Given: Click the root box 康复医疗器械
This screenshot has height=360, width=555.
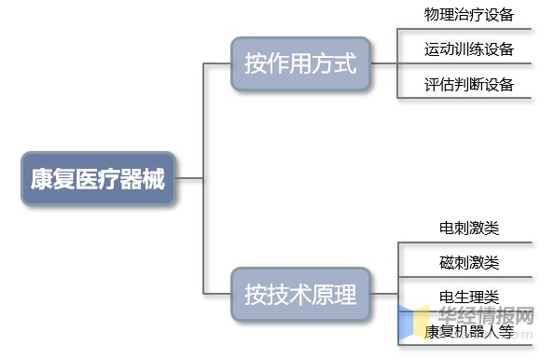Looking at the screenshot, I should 97,177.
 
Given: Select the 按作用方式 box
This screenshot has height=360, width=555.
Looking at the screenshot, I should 300,64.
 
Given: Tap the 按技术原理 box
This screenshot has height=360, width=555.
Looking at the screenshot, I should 300,295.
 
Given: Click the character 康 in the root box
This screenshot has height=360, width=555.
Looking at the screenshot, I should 41,178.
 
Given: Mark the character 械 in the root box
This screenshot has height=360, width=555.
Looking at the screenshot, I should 154,178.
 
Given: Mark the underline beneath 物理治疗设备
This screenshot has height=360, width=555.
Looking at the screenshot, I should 465,30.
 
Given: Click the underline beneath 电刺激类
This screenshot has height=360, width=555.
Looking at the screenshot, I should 465,243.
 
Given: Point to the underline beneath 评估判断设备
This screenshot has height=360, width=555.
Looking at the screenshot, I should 465,98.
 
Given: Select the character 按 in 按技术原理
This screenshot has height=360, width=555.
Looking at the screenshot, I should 256,295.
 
